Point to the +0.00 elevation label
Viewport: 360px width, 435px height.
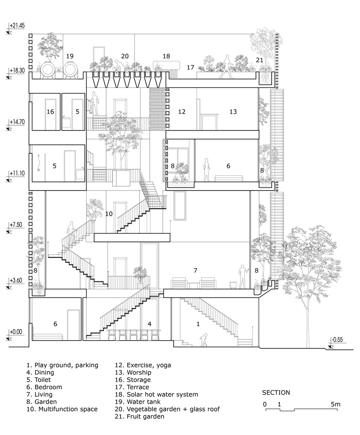16,332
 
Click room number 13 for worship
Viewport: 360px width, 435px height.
233,112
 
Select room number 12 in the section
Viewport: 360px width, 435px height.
182,112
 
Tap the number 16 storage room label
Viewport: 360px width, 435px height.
50,112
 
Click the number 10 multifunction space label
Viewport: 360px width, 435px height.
109,214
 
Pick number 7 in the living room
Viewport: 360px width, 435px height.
195,270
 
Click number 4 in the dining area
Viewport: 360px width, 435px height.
149,324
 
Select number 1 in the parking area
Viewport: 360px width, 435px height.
198,324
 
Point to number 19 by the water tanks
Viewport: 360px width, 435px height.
70,56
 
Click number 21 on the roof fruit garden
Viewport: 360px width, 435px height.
259,60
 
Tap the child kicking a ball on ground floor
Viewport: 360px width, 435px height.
204,340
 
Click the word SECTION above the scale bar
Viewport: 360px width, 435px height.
276,392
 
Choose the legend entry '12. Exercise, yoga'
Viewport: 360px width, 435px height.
143,365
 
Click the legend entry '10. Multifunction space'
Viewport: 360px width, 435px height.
62,409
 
